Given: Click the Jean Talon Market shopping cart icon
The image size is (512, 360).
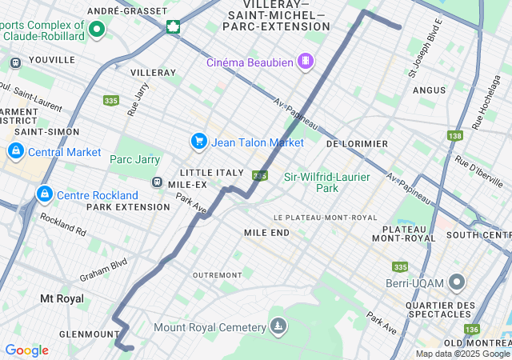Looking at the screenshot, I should pyautogui.click(x=198, y=142).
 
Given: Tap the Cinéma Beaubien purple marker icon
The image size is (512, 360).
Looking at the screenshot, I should pyautogui.click(x=305, y=61).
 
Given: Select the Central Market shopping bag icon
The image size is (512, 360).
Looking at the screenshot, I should pyautogui.click(x=15, y=151).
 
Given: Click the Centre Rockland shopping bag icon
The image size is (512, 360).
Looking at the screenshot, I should pyautogui.click(x=45, y=194).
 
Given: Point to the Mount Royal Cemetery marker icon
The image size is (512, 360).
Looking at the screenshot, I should pyautogui.click(x=278, y=326).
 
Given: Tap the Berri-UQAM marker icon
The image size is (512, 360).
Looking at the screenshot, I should pyautogui.click(x=457, y=282).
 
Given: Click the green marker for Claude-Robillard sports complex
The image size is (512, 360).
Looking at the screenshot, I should pyautogui.click(x=97, y=30).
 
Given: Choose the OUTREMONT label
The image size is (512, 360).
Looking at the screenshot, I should pyautogui.click(x=217, y=274).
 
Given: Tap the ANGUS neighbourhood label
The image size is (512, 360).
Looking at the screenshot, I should pyautogui.click(x=429, y=90).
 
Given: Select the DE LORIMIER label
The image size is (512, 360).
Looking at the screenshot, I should pyautogui.click(x=358, y=144).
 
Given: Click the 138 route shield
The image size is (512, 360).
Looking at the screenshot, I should pyautogui.click(x=455, y=137).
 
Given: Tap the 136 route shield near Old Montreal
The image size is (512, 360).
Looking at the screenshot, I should pyautogui.click(x=471, y=329).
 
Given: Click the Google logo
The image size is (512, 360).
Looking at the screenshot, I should pyautogui.click(x=26, y=350).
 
